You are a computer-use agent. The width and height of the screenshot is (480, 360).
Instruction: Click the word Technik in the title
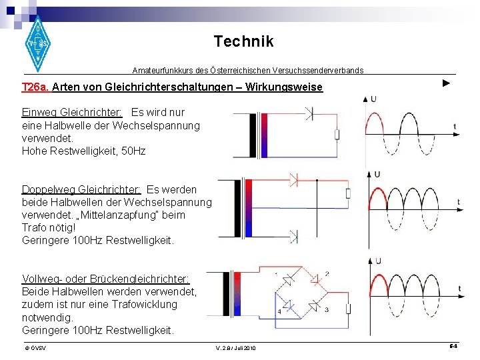[243, 41]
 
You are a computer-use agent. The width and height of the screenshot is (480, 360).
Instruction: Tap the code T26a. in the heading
[35, 87]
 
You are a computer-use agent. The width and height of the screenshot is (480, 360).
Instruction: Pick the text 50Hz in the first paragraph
[133, 151]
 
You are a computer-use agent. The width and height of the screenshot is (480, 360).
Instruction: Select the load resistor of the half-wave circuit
[337, 135]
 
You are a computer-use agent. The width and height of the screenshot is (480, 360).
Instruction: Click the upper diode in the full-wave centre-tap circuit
[295, 179]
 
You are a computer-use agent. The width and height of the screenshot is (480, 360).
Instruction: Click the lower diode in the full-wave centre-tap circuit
[294, 235]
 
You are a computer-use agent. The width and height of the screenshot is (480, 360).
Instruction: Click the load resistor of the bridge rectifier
[347, 309]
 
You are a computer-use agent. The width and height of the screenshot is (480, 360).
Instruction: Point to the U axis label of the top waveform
[373, 99]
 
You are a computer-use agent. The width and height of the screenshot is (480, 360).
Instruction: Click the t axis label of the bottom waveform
[459, 289]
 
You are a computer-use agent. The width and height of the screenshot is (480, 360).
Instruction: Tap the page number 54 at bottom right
[453, 347]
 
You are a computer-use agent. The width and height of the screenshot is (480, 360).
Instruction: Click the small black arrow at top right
[446, 83]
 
